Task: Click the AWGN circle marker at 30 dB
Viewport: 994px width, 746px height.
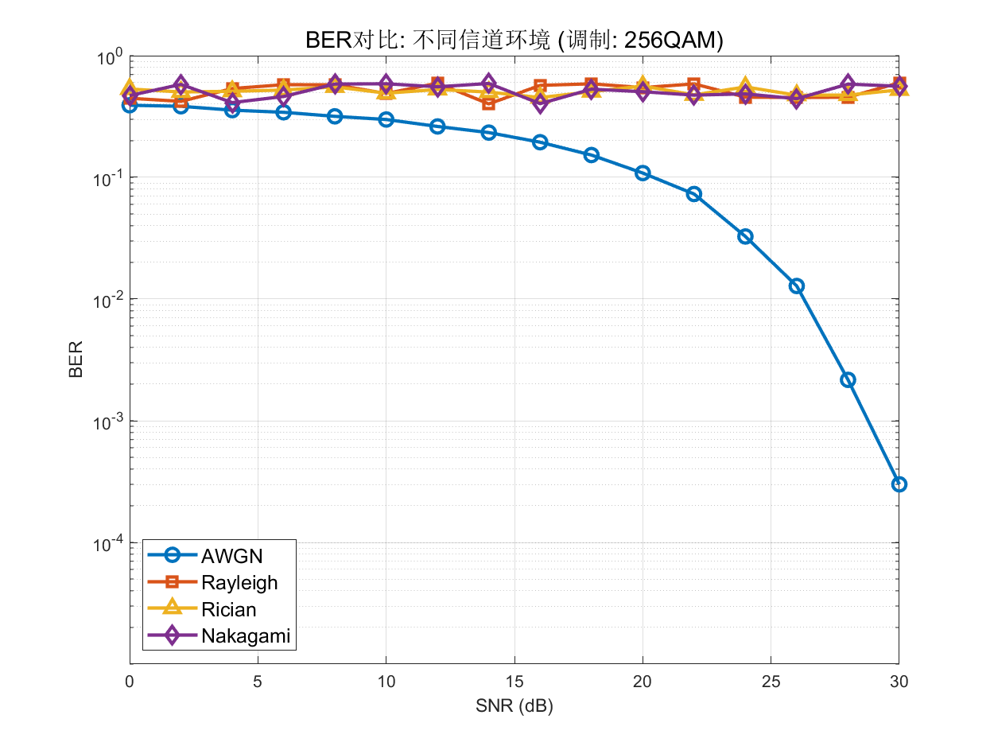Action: point(899,484)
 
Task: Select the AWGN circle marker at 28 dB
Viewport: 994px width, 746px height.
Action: point(848,380)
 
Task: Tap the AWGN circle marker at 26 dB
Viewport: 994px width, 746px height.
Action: point(796,286)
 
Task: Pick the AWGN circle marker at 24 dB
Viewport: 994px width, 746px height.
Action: point(745,236)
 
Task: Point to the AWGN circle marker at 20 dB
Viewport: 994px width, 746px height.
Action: point(643,173)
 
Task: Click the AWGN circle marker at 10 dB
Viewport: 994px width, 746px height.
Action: point(386,119)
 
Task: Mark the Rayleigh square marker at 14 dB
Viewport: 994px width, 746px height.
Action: point(489,103)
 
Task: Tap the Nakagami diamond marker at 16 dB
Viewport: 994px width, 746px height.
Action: point(540,104)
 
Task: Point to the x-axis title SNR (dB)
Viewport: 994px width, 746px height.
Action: point(514,706)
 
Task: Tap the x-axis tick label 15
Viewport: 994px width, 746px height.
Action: point(514,682)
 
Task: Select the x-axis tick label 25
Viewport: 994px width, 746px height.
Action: point(771,682)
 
